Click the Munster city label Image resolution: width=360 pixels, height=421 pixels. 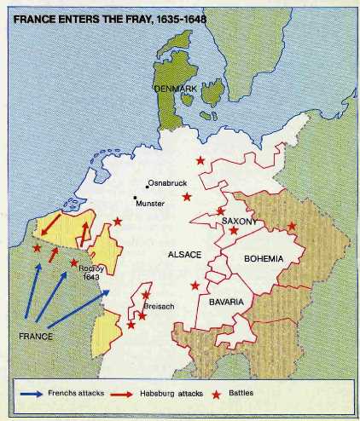coord(150,203)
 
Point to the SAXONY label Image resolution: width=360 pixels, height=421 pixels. coord(240,221)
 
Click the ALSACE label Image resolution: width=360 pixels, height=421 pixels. coord(185,254)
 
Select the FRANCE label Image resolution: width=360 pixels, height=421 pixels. coord(36,336)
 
